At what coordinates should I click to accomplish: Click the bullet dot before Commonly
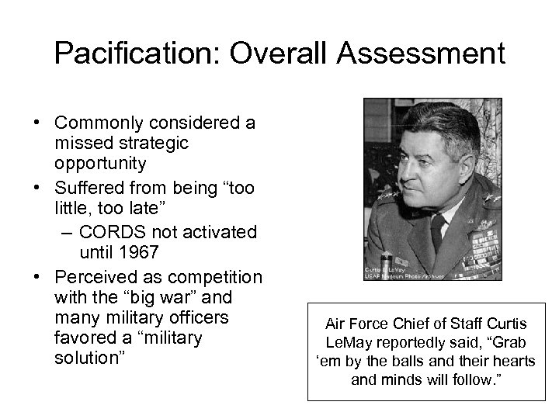click(x=37, y=123)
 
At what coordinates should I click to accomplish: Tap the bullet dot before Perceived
click(x=37, y=278)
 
